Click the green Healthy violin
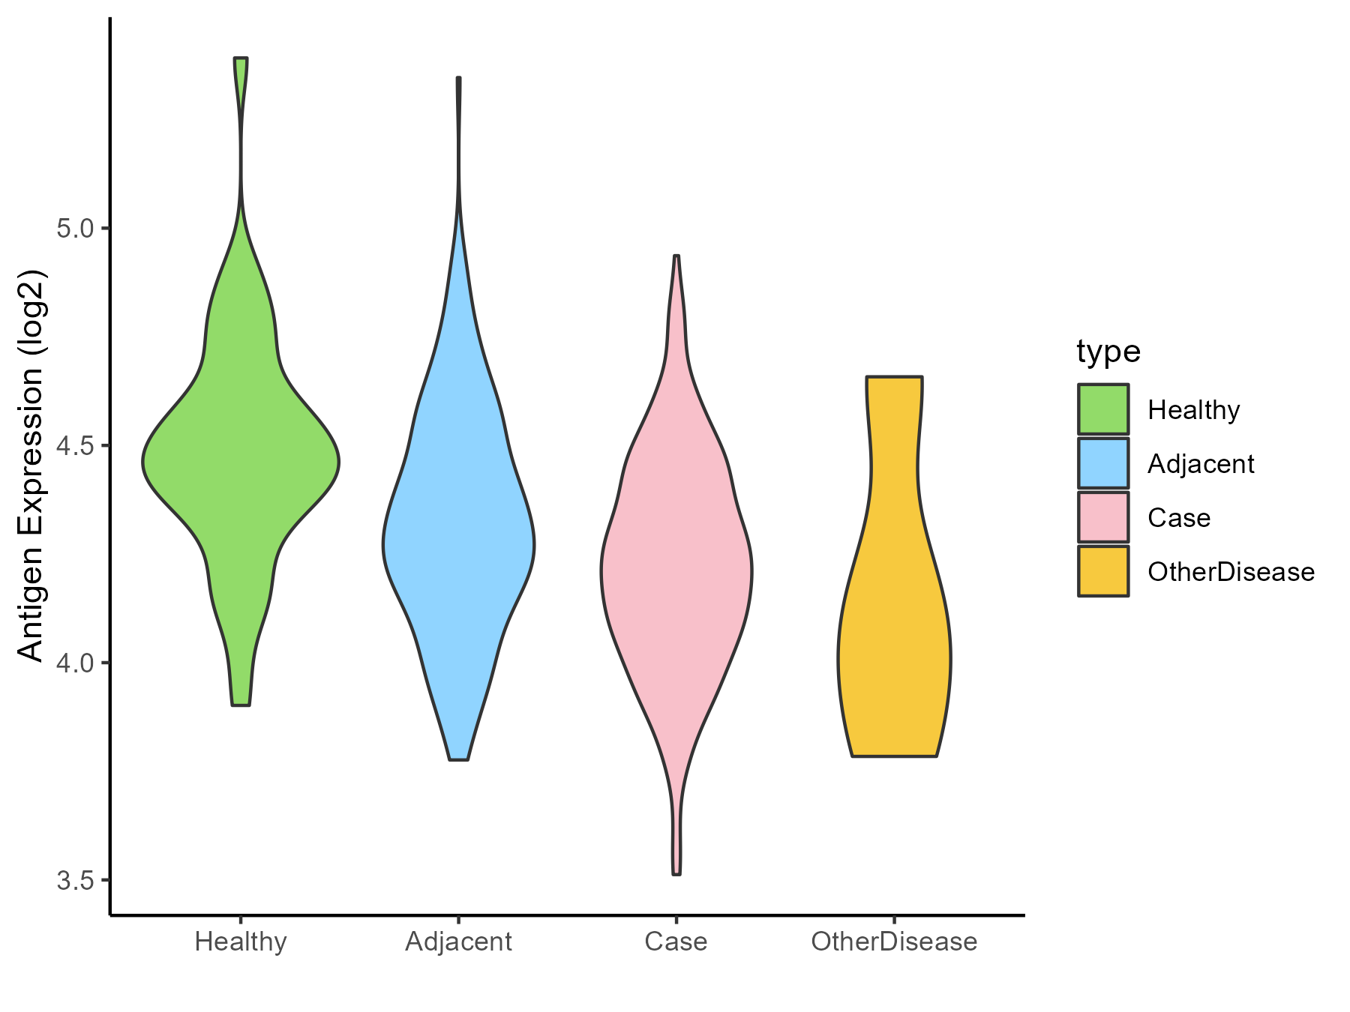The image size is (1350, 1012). pyautogui.click(x=241, y=463)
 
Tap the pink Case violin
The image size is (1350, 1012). pyautogui.click(x=676, y=570)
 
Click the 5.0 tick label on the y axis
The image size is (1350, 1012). pyautogui.click(x=73, y=229)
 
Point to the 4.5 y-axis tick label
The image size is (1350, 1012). pyautogui.click(x=73, y=446)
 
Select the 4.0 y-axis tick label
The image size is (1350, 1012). pyautogui.click(x=73, y=663)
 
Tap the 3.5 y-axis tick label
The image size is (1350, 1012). pyautogui.click(x=73, y=880)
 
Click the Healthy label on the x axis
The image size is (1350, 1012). pyautogui.click(x=241, y=942)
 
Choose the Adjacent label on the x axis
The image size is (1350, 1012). pyautogui.click(x=458, y=942)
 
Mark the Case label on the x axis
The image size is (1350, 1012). pyautogui.click(x=676, y=942)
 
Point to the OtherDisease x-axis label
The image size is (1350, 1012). pyautogui.click(x=894, y=942)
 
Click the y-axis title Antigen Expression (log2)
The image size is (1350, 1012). pyautogui.click(x=31, y=465)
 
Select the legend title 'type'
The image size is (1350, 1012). pyautogui.click(x=1108, y=352)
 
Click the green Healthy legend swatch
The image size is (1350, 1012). pyautogui.click(x=1103, y=409)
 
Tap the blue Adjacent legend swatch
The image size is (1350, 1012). pyautogui.click(x=1103, y=463)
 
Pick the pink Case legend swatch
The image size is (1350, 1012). pyautogui.click(x=1103, y=517)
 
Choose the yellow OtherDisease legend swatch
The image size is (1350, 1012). pyautogui.click(x=1103, y=571)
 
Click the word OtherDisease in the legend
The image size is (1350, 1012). pyautogui.click(x=1231, y=572)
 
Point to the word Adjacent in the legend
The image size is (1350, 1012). pyautogui.click(x=1201, y=465)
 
